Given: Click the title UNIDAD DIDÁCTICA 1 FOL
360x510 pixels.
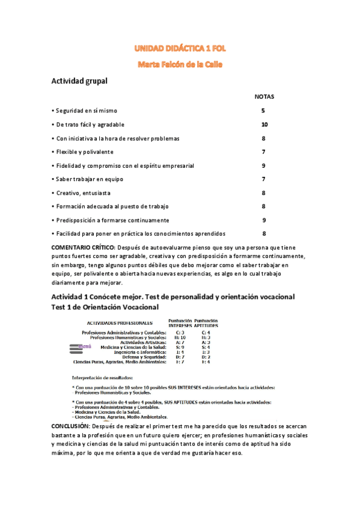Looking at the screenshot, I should [x=180, y=48].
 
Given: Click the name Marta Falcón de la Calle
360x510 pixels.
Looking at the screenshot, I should [x=180, y=64].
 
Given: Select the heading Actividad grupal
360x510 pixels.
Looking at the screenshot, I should [x=79, y=82].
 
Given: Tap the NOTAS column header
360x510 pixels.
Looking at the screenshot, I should [x=264, y=97].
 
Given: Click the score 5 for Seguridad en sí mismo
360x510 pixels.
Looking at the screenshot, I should [x=263, y=111].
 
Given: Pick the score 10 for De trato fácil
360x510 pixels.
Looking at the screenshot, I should [x=264, y=125].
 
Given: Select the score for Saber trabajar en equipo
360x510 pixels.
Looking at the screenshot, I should [x=263, y=179].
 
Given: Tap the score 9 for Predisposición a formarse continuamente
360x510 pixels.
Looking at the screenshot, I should [x=263, y=220].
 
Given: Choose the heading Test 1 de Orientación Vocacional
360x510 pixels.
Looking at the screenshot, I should [x=105, y=306].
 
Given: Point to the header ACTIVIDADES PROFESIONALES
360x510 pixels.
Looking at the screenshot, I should [x=116, y=323].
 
